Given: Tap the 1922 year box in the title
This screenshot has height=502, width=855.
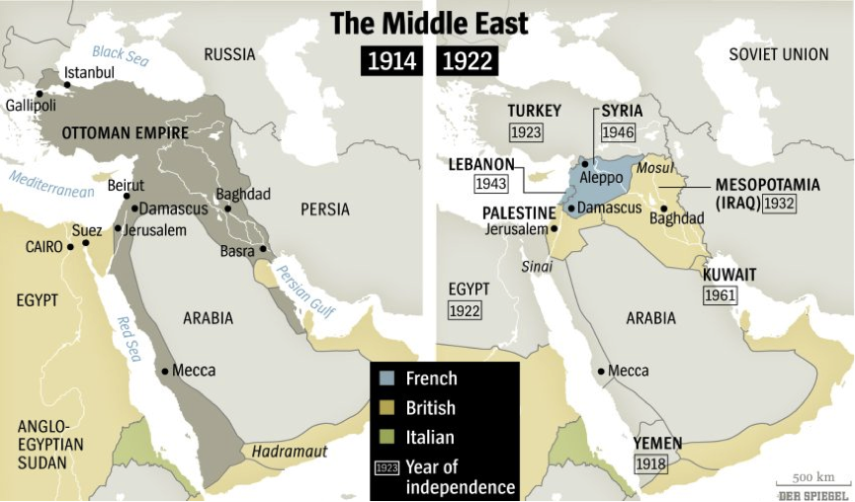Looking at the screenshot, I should click(466, 62).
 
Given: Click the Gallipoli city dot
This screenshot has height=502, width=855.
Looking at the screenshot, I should click(40, 93).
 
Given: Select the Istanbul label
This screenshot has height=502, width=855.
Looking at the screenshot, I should click(89, 73).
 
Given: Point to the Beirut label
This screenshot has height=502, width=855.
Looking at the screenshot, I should click(126, 185).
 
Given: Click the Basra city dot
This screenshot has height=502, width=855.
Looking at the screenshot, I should click(264, 249).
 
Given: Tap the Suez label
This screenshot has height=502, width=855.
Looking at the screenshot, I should click(87, 229).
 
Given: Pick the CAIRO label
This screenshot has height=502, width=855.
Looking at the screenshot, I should click(44, 246).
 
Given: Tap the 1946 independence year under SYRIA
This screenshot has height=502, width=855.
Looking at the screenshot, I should click(618, 131).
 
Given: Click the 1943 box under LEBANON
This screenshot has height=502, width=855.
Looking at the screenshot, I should click(491, 183).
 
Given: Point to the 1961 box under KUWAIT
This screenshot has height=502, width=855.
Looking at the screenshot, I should click(721, 294).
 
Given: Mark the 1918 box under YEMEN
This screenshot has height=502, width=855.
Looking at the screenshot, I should click(650, 464).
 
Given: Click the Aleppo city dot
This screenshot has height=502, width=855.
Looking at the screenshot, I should click(585, 164).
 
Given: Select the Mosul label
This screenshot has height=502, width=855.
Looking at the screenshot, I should click(654, 168).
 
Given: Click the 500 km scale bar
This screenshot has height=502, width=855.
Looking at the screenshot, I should click(811, 486).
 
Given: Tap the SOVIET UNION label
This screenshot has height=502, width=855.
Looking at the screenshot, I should click(779, 54).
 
